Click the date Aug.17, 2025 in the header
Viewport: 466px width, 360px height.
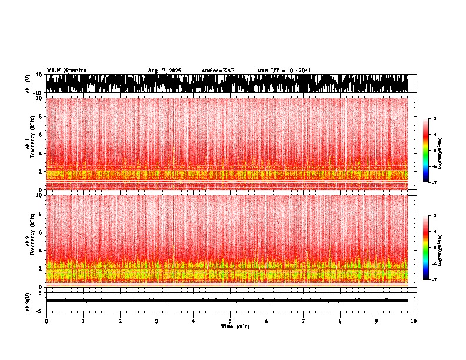pos(164,71)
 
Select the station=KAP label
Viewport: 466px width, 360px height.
pos(218,71)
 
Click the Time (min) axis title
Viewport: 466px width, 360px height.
pos(235,326)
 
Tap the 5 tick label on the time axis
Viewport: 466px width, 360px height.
pos(230,321)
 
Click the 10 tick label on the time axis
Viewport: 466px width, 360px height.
pos(414,321)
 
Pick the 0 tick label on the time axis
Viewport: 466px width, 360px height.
pos(46,321)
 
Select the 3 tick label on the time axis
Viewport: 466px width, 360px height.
pos(157,321)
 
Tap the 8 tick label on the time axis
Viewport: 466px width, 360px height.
pos(340,321)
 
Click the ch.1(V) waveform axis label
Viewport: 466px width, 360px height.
pos(28,84)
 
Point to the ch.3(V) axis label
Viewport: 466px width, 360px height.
pos(28,301)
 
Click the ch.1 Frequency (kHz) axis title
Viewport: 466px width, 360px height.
pos(29,144)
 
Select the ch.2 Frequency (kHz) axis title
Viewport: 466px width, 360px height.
pos(29,241)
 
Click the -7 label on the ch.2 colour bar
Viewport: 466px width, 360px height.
pos(435,280)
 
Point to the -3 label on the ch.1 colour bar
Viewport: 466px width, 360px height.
pos(435,119)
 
